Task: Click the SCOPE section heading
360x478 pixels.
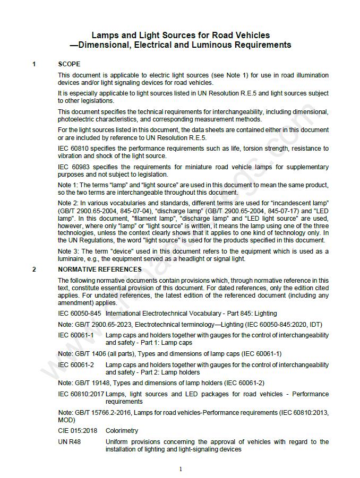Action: coord(69,64)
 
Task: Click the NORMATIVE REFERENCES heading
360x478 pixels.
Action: coord(92,269)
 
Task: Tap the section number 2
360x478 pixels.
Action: coord(34,269)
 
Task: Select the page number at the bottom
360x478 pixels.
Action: coord(181,469)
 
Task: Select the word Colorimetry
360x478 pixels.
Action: coord(122,431)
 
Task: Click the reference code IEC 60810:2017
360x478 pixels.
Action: coord(81,394)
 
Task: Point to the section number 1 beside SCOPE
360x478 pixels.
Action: coord(34,64)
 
